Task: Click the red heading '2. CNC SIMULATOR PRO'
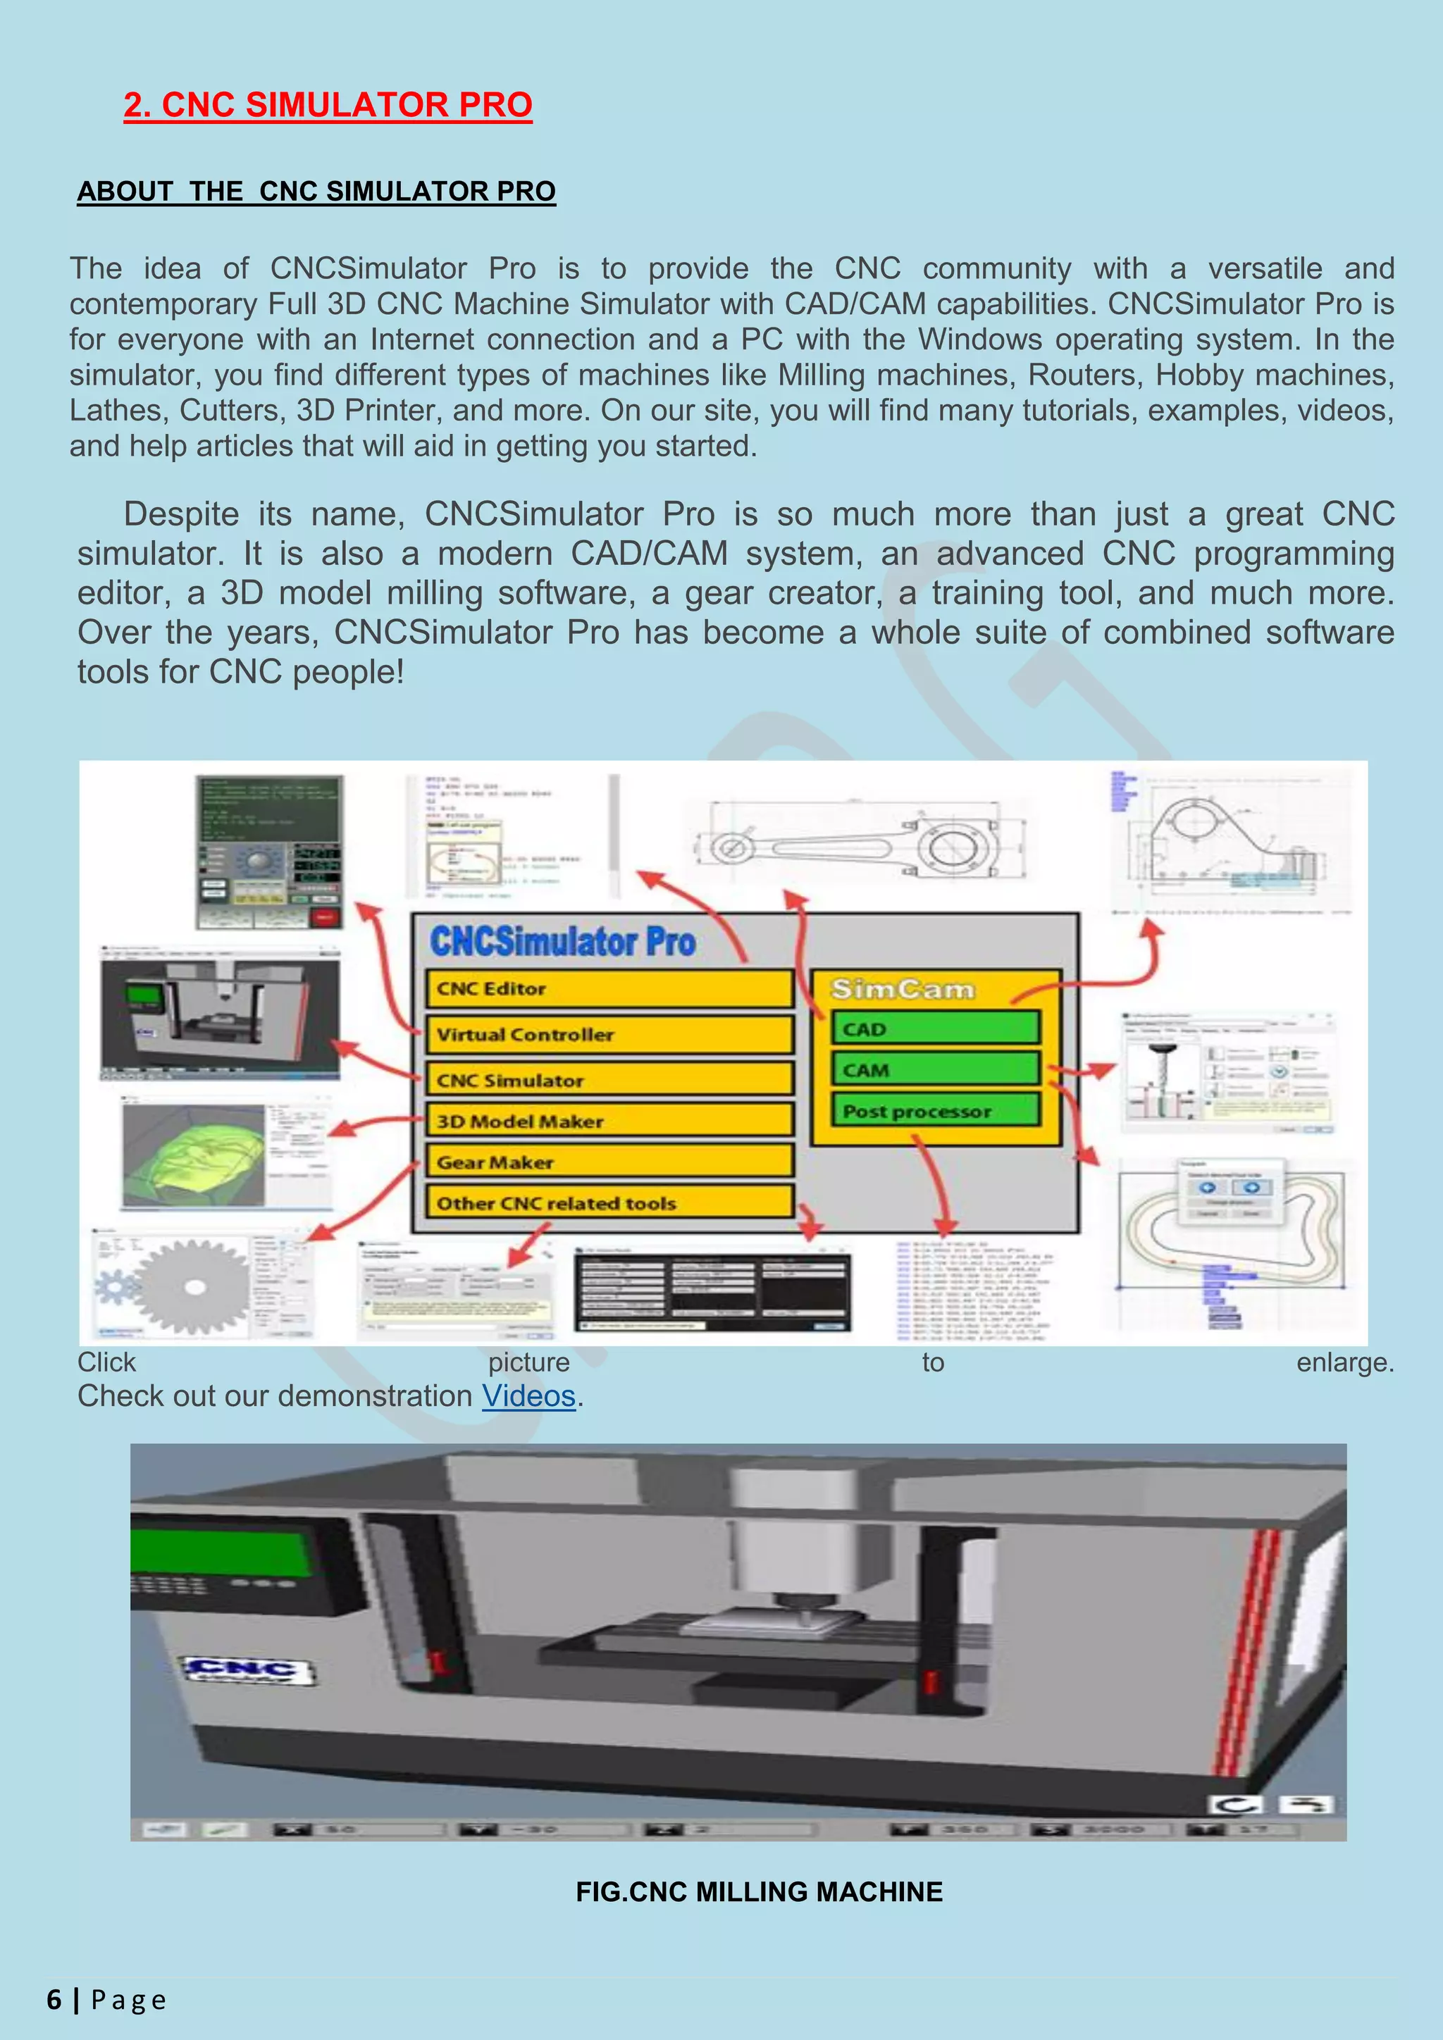point(327,105)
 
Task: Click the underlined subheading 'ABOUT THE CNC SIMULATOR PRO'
point(316,191)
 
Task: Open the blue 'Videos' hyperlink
point(528,1396)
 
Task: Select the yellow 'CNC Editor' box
point(609,989)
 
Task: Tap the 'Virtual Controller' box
point(609,1034)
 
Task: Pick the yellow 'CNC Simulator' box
point(609,1081)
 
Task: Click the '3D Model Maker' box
point(609,1121)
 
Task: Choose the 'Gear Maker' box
point(609,1162)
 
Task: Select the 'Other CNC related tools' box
point(609,1203)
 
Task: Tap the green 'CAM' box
point(936,1070)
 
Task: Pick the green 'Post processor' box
point(936,1111)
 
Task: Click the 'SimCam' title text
point(902,989)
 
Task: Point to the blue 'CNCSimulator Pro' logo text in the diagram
point(562,942)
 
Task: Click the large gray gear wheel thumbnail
point(194,1286)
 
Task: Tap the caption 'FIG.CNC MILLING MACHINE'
point(759,1891)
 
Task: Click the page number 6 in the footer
point(54,2000)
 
